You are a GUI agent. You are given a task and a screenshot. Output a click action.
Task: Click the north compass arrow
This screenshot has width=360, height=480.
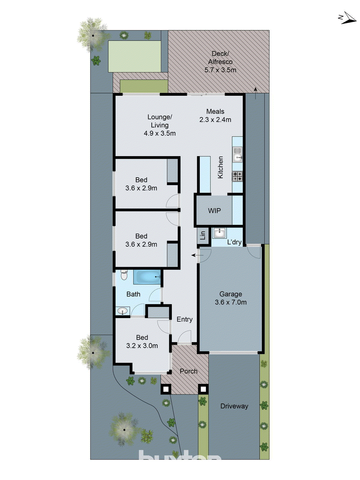tap(348, 18)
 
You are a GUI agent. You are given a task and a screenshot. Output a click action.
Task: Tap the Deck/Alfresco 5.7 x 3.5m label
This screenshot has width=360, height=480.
tap(220, 62)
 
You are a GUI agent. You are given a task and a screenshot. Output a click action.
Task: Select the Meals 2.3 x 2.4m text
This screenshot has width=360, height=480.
tap(215, 115)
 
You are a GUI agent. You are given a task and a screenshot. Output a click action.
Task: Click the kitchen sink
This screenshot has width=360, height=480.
tap(238, 154)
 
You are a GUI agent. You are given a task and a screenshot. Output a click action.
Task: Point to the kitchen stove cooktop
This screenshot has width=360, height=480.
tap(237, 176)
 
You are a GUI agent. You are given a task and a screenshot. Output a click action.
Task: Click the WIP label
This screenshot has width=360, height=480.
tap(214, 211)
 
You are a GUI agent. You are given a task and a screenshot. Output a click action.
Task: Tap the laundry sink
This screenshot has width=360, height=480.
tap(220, 233)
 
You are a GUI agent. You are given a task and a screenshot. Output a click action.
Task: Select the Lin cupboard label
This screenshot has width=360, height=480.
tap(203, 235)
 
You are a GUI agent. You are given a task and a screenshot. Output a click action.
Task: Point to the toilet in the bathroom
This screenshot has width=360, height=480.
tap(124, 274)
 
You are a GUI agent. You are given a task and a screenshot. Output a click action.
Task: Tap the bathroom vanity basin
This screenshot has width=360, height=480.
tap(123, 311)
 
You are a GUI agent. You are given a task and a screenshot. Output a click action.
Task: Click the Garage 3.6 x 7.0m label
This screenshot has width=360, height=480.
tap(230, 298)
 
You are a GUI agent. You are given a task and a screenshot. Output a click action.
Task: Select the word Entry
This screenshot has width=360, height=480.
tap(184, 319)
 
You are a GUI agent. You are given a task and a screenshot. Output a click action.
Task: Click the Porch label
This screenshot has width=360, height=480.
tap(188, 371)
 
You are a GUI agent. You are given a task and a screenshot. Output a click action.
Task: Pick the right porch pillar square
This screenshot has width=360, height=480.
tap(203, 389)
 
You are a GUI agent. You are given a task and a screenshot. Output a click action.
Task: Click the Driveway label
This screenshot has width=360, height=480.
tap(234, 406)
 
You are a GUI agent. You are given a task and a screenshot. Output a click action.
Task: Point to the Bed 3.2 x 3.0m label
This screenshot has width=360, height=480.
tap(142, 342)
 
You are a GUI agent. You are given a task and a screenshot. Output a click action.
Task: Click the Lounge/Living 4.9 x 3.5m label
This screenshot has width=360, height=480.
tap(160, 125)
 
